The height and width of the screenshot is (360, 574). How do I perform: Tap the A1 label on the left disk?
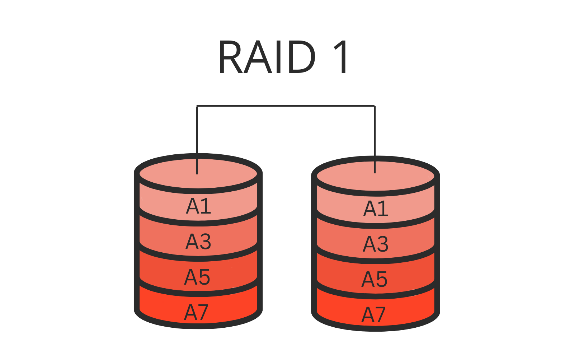[198, 206]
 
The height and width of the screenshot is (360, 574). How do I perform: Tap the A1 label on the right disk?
[376, 209]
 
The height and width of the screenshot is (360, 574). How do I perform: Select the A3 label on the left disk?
[198, 242]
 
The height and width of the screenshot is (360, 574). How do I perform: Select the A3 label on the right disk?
[376, 244]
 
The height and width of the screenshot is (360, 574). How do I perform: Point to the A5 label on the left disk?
[197, 277]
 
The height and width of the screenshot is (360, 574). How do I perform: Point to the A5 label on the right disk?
[375, 279]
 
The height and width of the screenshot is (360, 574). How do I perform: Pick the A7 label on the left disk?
[196, 312]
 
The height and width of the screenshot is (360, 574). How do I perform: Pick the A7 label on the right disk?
[373, 315]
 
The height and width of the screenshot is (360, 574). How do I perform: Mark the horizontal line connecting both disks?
[286, 106]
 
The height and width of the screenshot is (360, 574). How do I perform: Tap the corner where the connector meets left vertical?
[197, 106]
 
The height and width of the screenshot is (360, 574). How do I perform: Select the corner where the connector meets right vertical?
[375, 106]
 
